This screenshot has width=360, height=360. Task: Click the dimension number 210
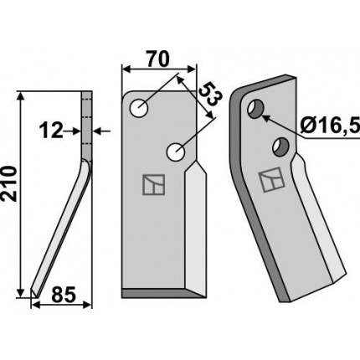tap(9, 183)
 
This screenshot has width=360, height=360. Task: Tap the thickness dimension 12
tap(51, 131)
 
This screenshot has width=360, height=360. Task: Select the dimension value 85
tap(63, 295)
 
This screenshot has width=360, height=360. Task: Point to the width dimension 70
tap(158, 59)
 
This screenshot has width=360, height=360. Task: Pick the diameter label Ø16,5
tap(330, 126)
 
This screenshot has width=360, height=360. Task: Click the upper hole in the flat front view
tap(139, 108)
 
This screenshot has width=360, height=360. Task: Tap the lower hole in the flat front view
tap(176, 152)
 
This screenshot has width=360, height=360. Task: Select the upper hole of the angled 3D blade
tap(255, 109)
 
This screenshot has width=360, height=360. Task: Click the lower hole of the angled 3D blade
tap(281, 147)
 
